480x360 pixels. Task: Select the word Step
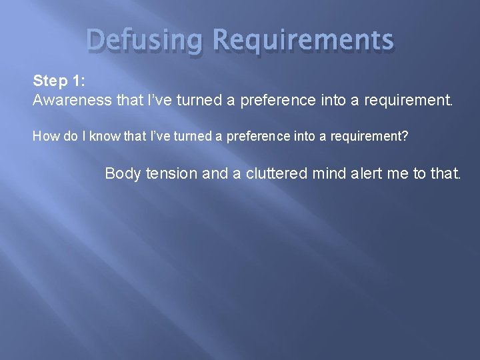[49, 81]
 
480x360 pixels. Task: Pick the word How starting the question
[45, 137]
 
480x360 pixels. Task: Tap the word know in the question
[106, 137]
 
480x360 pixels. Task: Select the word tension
[172, 174]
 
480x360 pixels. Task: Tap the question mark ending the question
[405, 137]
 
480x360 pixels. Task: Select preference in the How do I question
[256, 137]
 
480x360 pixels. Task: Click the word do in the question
[67, 137]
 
